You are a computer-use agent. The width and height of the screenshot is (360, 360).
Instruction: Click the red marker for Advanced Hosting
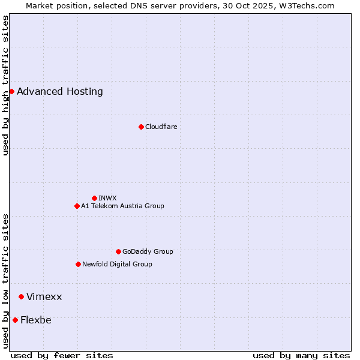(x=11, y=91)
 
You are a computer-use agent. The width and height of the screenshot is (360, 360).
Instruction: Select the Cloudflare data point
(x=141, y=127)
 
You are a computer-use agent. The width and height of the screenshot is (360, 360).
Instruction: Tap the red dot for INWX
(x=94, y=198)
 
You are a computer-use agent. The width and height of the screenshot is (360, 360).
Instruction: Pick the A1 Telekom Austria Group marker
(x=77, y=206)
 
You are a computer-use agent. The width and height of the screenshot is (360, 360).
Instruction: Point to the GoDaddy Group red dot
(x=118, y=251)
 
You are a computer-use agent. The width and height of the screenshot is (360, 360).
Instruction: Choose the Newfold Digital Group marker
(x=78, y=264)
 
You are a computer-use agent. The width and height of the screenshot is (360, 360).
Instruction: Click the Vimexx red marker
(x=21, y=296)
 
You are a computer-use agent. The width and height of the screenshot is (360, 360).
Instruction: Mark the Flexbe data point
(x=15, y=320)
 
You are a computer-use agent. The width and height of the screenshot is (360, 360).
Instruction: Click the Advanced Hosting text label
(x=60, y=92)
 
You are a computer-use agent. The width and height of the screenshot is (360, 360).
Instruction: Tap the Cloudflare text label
(x=161, y=127)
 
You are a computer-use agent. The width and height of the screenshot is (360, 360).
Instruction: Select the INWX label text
(x=107, y=198)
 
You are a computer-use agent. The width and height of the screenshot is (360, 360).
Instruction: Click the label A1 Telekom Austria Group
(x=122, y=206)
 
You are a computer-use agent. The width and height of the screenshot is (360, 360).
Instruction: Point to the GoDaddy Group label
(x=148, y=251)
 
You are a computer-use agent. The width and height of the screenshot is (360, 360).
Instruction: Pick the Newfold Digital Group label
(x=117, y=264)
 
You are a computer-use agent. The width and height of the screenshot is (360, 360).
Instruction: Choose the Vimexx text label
(x=44, y=297)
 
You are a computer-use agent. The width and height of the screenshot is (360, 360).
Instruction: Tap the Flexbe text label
(x=36, y=320)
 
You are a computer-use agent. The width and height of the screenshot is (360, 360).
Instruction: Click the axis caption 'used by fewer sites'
(x=62, y=355)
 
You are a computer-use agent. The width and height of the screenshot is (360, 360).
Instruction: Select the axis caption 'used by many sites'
(x=301, y=355)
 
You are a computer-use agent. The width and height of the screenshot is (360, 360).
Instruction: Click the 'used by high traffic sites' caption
(x=5, y=85)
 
